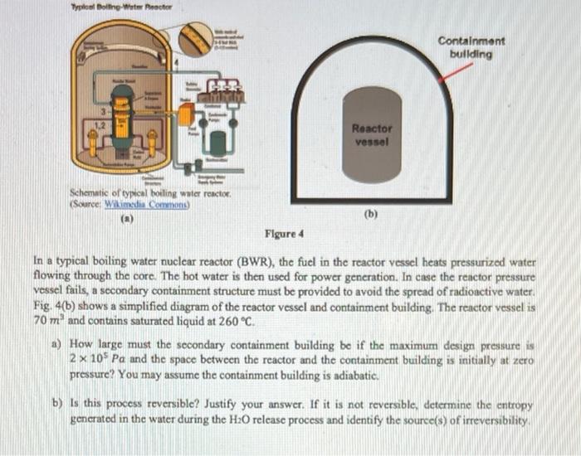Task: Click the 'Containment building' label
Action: [x=471, y=47]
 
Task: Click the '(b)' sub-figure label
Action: [x=370, y=213]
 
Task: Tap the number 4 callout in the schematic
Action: [x=176, y=63]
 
